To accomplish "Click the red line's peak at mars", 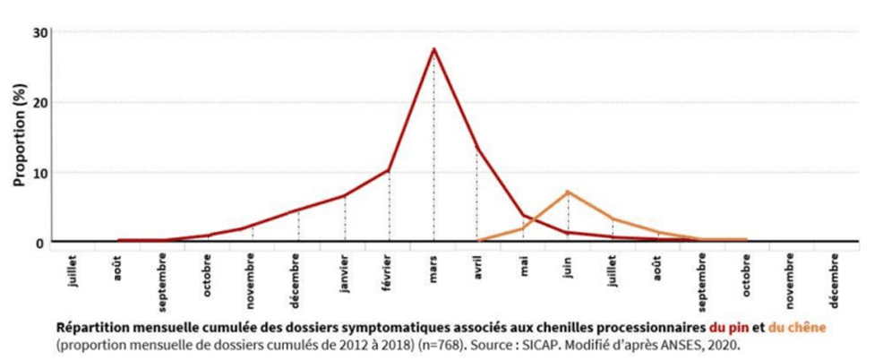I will tap(434, 49).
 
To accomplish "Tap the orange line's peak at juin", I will tap(568, 192).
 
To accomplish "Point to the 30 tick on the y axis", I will tap(41, 33).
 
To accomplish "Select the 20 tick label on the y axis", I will tap(41, 102).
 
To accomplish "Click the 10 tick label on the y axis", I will tap(41, 172).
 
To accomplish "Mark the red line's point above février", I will tap(390, 170).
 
